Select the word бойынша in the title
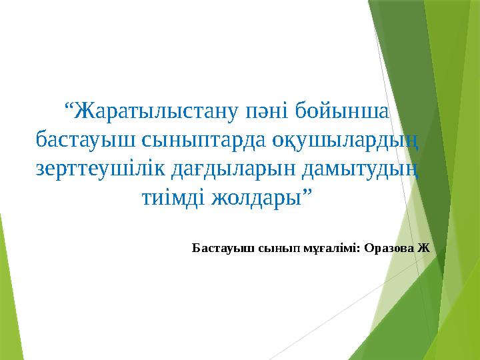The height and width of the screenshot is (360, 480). pos(342,111)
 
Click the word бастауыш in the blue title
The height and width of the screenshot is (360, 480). pos(85,139)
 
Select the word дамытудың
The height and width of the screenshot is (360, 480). pos(360,169)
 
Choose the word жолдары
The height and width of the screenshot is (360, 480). pos(257,198)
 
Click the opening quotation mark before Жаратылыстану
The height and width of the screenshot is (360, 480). pos(69,106)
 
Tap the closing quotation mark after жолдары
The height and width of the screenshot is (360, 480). pos(307,193)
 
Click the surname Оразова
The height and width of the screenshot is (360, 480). pos(389,247)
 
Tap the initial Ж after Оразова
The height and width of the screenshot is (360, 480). pos(424,247)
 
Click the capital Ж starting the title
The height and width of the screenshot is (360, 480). pos(84,111)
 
